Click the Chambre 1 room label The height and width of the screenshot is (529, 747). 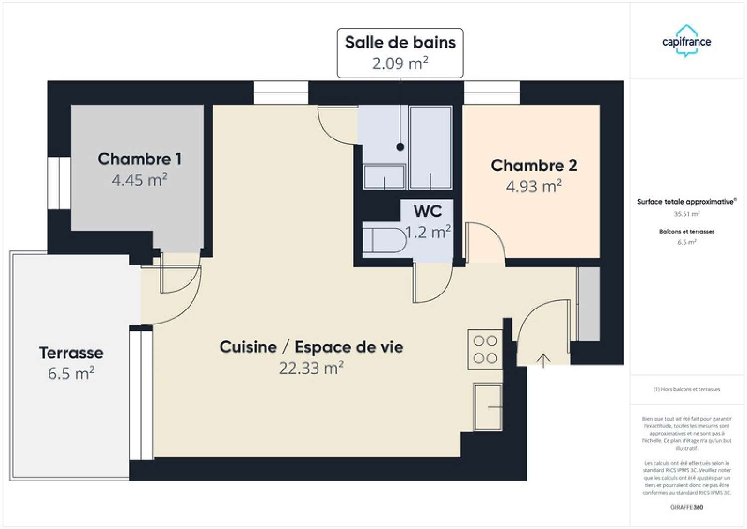tap(139, 159)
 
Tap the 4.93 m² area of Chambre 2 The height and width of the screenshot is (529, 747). tap(534, 186)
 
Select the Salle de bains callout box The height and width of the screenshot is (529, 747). tap(400, 53)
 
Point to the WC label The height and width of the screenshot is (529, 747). tap(428, 211)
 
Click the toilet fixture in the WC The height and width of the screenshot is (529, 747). tap(383, 240)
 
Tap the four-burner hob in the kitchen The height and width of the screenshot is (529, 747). tap(485, 350)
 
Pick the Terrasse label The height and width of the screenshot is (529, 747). tap(71, 353)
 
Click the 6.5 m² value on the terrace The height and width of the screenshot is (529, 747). tap(71, 373)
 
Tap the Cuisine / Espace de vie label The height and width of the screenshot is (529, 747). tap(311, 347)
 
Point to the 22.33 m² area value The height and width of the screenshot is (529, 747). tap(311, 368)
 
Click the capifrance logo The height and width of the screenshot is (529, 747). tap(686, 41)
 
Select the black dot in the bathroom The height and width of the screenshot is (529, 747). tap(400, 147)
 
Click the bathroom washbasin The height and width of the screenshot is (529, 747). tap(384, 176)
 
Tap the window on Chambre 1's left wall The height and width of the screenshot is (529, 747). tap(59, 183)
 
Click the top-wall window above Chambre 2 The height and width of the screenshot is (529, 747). tap(492, 93)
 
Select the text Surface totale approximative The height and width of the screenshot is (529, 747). tap(686, 202)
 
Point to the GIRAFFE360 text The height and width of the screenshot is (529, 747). tap(686, 507)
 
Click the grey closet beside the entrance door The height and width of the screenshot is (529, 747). tap(589, 304)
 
